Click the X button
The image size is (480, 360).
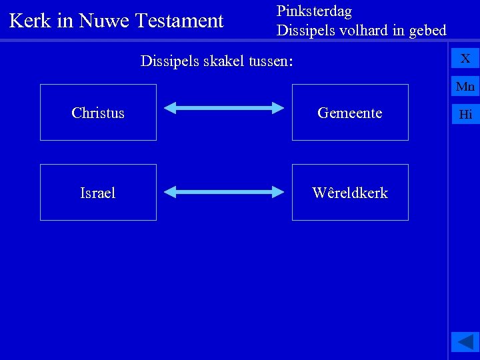coord(465,58)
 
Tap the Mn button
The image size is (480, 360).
coord(465,86)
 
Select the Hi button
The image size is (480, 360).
coord(465,114)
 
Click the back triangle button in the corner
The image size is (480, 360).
coord(465,342)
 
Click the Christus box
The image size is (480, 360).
coord(98,113)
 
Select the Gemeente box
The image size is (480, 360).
coord(350,113)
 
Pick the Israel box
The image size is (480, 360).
coord(98,193)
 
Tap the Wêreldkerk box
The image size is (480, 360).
coord(350,193)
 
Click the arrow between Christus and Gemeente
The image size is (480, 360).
coord(224,107)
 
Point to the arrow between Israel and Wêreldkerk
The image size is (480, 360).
coord(224,193)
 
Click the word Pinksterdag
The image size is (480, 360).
coord(314,11)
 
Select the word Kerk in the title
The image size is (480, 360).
coord(31,21)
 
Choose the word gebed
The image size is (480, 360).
coord(427,31)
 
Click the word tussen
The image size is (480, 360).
coord(269,62)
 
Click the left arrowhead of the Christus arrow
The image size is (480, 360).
coord(171,107)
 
